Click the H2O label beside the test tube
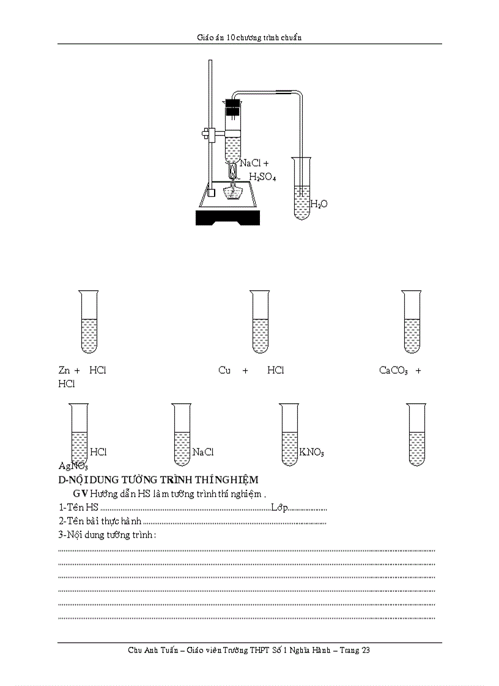pyautogui.click(x=319, y=204)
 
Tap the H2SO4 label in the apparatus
pyautogui.click(x=262, y=177)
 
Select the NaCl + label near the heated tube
pyautogui.click(x=254, y=163)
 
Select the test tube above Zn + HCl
pyautogui.click(x=89, y=321)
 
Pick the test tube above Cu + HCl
pyautogui.click(x=260, y=321)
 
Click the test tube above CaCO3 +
pyautogui.click(x=412, y=321)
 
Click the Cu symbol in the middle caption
pyautogui.click(x=224, y=370)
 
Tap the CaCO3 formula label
pyautogui.click(x=393, y=370)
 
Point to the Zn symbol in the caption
pyautogui.click(x=64, y=370)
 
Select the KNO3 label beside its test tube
pyautogui.click(x=311, y=453)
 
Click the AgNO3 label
pyautogui.click(x=69, y=466)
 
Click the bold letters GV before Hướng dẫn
pyautogui.click(x=80, y=493)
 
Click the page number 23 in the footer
pyautogui.click(x=365, y=650)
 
